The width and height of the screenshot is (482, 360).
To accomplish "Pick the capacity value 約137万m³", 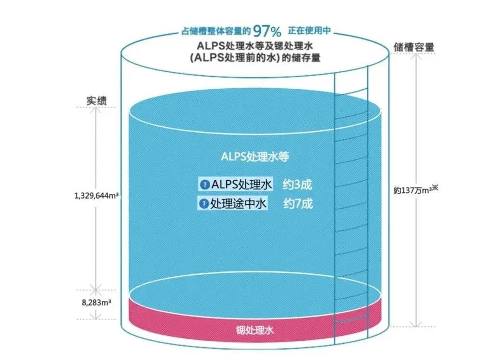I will click(412, 190).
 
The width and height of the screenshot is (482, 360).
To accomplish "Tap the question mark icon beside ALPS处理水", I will click(204, 185).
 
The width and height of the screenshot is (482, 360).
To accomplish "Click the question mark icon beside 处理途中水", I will click(204, 204).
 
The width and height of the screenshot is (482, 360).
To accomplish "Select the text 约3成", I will click(297, 185).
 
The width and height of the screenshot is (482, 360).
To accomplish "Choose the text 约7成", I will click(297, 204).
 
